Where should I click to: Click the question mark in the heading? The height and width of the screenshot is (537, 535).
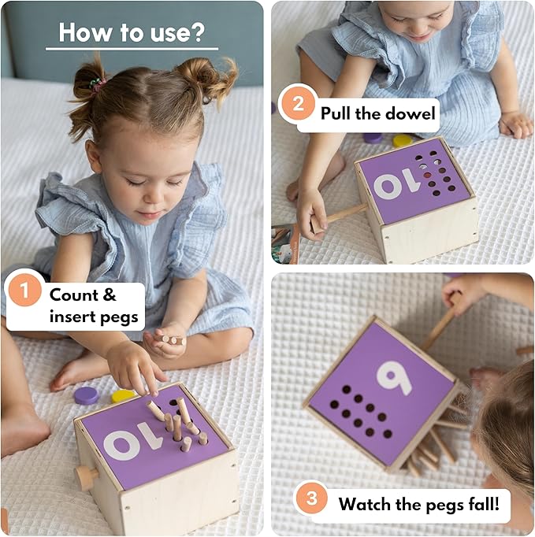(x=198, y=32)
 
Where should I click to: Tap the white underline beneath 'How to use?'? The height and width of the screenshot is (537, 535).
(x=132, y=49)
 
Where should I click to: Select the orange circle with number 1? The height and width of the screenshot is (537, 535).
(x=24, y=291)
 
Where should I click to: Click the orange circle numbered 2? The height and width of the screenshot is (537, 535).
(x=298, y=103)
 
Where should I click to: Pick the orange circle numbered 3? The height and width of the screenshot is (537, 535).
(x=311, y=498)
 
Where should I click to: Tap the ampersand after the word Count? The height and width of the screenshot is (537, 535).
(x=110, y=294)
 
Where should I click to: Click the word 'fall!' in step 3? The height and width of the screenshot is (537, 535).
(x=483, y=504)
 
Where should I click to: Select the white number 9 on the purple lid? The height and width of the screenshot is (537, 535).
(x=394, y=378)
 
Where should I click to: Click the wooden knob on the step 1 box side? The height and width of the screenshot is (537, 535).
(x=86, y=477)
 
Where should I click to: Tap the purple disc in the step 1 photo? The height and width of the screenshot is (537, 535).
(x=87, y=395)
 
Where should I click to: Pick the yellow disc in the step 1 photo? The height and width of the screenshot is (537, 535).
(x=122, y=395)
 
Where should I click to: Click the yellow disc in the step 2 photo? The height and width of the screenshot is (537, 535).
(x=403, y=140)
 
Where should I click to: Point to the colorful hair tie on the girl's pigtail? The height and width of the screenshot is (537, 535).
(x=98, y=84)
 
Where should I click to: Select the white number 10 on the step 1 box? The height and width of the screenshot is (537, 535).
(x=132, y=444)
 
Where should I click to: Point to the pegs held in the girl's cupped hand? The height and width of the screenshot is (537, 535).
(x=170, y=339)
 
